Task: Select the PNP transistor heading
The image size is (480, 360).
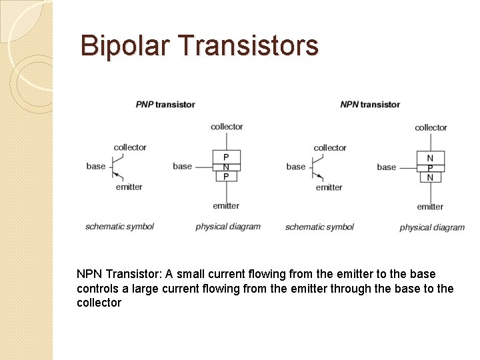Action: [165, 104]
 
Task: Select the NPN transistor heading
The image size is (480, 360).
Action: [370, 104]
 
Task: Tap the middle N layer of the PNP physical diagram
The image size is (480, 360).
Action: [226, 167]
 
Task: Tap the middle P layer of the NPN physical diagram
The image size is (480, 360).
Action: [430, 167]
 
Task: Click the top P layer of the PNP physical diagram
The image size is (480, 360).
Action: [226, 157]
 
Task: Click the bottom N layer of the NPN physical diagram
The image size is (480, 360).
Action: [430, 177]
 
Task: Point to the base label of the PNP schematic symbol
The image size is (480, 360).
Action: [96, 166]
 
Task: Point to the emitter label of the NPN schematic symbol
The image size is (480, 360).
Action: [329, 187]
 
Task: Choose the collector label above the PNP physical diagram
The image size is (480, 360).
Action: [227, 127]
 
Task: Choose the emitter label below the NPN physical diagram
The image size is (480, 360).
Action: [430, 207]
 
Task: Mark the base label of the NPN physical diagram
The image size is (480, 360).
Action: [386, 167]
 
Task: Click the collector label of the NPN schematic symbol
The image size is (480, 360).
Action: [330, 147]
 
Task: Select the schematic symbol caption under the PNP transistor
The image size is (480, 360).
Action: [119, 227]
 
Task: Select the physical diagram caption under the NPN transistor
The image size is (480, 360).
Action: [432, 227]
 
